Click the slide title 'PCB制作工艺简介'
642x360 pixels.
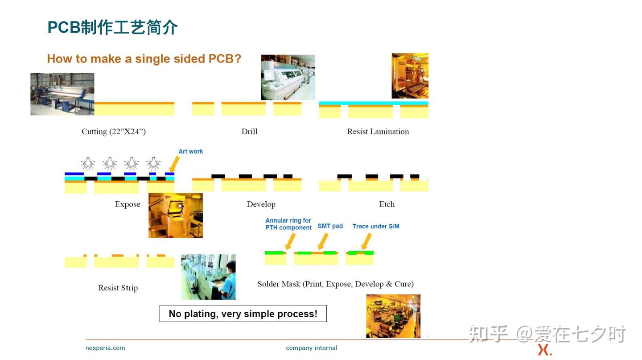[112, 28]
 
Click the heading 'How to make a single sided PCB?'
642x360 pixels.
[144, 59]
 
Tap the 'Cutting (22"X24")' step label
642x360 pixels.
[114, 132]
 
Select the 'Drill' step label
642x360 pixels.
[249, 132]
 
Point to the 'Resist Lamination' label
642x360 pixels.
[378, 132]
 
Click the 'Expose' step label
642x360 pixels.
[128, 204]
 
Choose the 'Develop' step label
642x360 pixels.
[261, 204]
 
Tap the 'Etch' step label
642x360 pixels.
[387, 204]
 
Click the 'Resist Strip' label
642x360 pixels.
[118, 288]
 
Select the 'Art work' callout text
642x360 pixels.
[191, 152]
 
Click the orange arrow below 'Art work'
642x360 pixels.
[174, 165]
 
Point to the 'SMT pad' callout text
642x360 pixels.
[330, 226]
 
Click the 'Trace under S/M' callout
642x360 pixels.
[376, 226]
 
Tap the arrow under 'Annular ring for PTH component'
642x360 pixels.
[290, 241]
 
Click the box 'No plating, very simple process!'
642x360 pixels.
[243, 314]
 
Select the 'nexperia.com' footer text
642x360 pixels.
[105, 348]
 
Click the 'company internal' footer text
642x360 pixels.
[311, 348]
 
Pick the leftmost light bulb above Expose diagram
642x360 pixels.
[88, 164]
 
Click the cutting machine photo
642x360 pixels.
[62, 94]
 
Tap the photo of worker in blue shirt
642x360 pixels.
[208, 277]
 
